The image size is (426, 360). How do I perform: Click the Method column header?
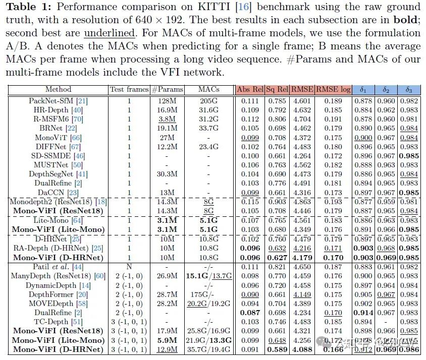click(58, 90)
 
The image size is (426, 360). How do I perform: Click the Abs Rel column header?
click(250, 90)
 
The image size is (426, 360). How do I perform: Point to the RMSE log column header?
click(333, 90)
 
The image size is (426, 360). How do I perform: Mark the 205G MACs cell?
click(208, 101)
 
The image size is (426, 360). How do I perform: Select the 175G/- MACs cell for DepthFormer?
click(208, 294)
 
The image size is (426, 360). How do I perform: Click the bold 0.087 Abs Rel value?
click(250, 312)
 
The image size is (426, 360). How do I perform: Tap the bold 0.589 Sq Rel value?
click(276, 348)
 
